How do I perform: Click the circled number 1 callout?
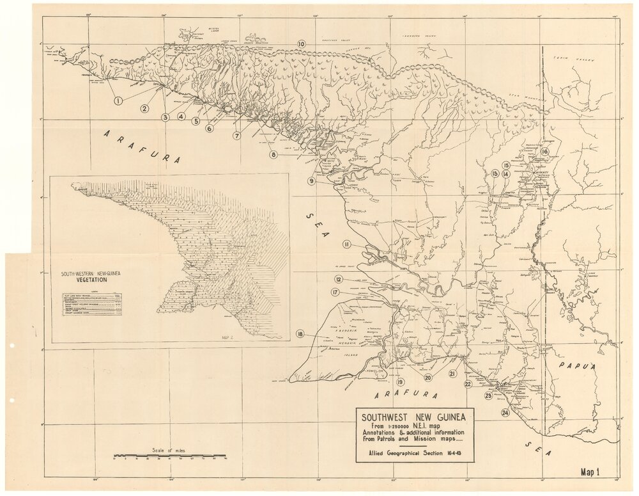click(118, 100)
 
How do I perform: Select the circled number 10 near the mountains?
click(301, 44)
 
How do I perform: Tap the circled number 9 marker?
click(311, 181)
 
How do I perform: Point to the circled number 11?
click(346, 244)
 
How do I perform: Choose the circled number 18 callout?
click(300, 333)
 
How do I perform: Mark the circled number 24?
click(505, 413)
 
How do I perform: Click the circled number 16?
click(544, 151)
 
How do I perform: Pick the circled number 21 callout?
click(452, 373)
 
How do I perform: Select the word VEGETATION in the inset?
click(84, 280)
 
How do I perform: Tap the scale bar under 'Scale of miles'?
click(169, 457)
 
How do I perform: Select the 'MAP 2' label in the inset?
click(225, 335)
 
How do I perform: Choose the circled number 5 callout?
click(196, 120)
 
